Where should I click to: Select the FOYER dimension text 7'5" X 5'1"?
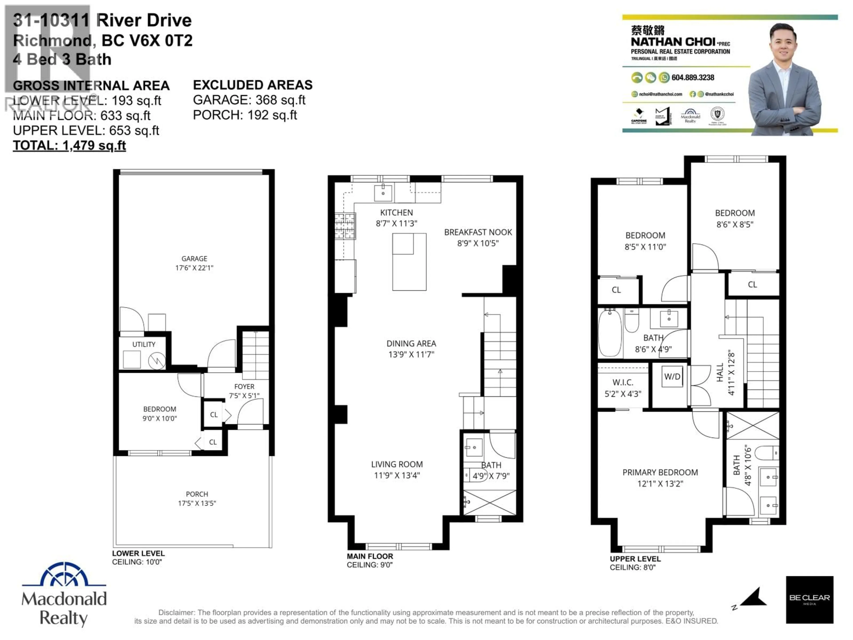244,395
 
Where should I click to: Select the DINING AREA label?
411,343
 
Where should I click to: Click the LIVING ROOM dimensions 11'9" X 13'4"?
397,475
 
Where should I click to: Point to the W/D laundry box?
672,376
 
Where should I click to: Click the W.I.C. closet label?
623,382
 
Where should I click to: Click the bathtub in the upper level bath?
610,332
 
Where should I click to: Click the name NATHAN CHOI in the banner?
673,42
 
